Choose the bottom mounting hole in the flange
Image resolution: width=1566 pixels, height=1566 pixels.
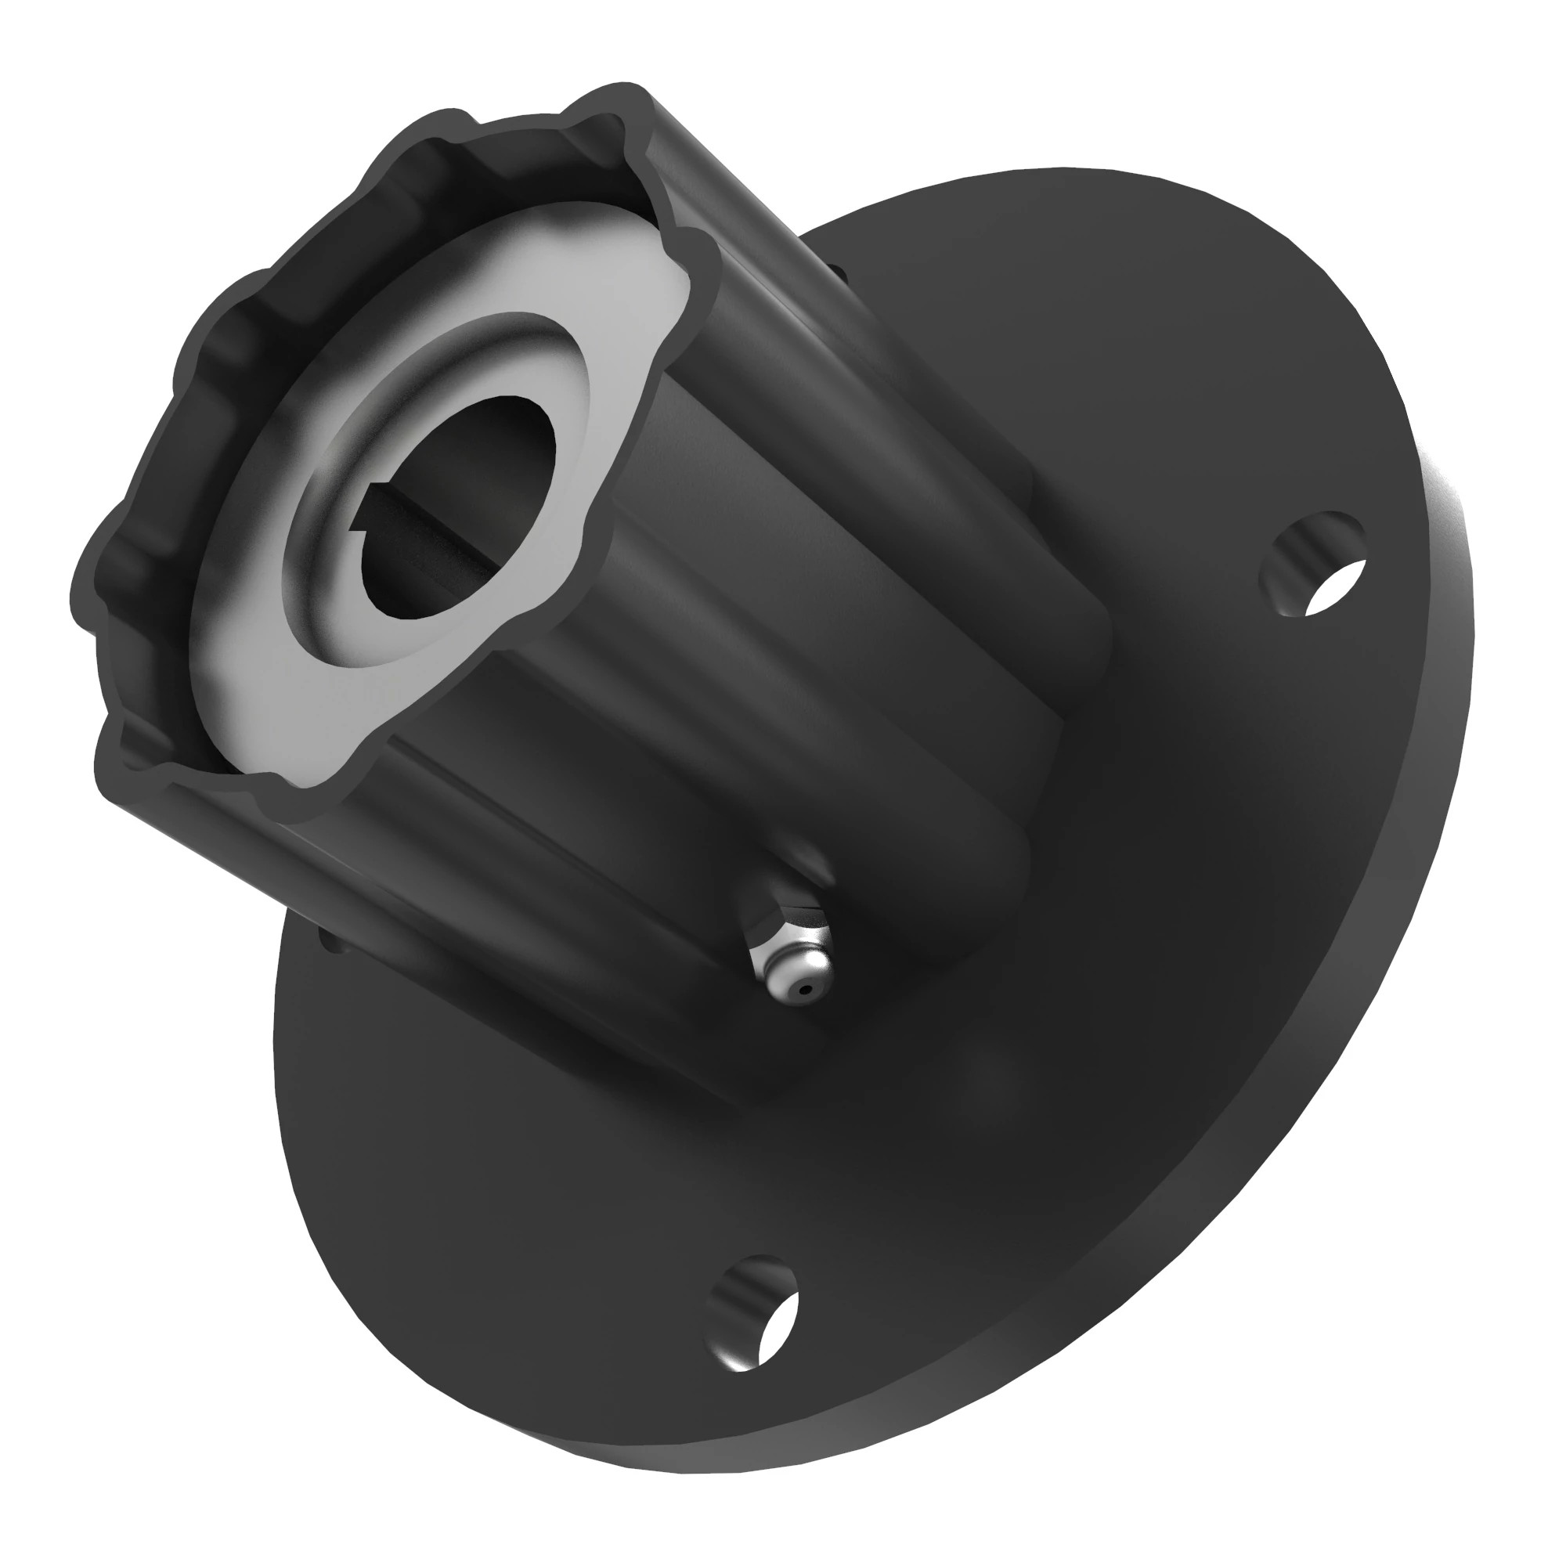(753, 1314)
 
